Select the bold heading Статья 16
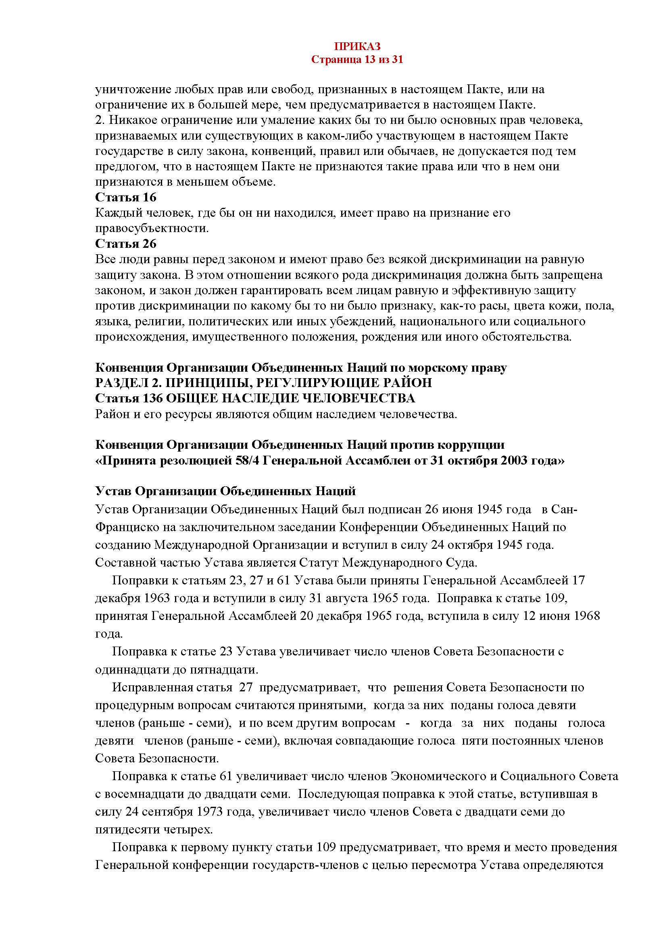click(126, 197)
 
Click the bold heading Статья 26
click(126, 244)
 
